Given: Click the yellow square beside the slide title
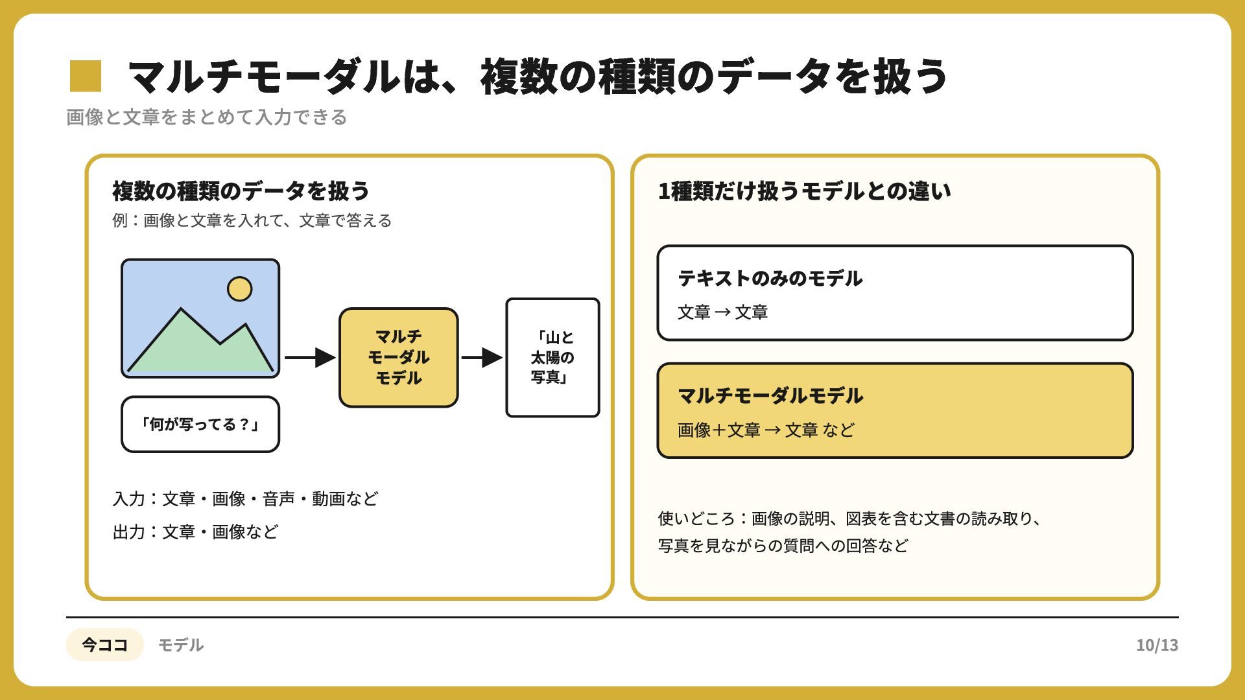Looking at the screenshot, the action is coord(86,76).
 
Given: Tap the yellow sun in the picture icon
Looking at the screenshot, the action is coord(239,289).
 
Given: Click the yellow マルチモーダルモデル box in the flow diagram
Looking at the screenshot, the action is coord(399,358).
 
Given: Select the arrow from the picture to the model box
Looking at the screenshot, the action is coord(310,357).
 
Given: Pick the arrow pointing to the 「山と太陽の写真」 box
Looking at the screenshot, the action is coord(482,357).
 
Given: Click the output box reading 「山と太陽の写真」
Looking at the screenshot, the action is coord(552,358).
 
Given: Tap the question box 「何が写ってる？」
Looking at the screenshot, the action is coord(200,425).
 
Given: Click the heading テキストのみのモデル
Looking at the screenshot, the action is coord(770,279).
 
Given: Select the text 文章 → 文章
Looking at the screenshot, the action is coord(723,312).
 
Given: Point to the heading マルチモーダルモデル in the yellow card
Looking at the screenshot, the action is coord(770,396).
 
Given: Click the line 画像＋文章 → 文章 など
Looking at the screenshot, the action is coord(766,430).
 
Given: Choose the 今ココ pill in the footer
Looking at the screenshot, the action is coord(104,645).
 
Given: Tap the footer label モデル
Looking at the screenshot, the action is coord(181,646).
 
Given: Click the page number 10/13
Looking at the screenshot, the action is coord(1157,646).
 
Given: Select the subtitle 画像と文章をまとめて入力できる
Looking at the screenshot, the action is coord(207,117).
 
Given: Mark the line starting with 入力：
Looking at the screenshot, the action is coord(245,499).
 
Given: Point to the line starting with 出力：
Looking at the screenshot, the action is coord(195,532).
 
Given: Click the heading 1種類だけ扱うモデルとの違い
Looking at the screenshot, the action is coord(805,191).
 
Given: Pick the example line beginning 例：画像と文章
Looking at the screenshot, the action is coord(252,221).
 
